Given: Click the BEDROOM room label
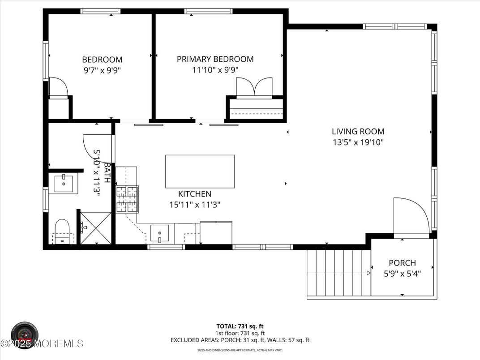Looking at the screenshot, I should point(102,60).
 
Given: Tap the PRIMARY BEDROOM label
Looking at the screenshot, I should point(215,59).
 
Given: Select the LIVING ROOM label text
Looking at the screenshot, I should point(358,132).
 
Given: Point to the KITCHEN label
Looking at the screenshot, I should point(194,194).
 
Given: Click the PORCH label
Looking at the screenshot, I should point(402,263).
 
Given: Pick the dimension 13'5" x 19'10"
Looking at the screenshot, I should point(358,142).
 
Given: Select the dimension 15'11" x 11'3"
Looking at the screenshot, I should point(194,205).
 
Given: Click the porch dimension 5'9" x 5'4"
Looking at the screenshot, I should point(402,273).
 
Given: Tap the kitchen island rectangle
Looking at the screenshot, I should point(200,171).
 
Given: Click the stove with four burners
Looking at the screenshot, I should point(128,199).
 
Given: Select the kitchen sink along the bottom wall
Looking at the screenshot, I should point(159,233).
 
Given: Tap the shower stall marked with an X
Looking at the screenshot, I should point(95,228).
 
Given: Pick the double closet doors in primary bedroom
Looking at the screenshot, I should point(254,87).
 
